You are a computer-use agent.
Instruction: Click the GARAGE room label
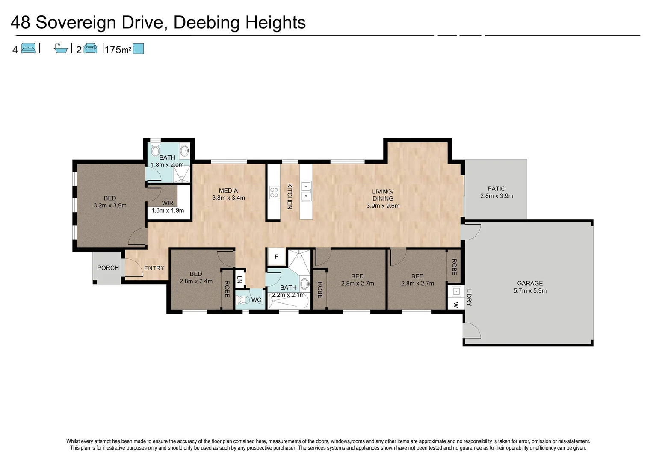point(529,283)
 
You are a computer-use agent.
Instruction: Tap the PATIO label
point(496,188)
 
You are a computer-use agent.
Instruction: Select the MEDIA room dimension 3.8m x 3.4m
point(228,198)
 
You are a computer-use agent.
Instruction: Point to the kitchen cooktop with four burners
point(274,192)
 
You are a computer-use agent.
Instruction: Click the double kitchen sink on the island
point(306,191)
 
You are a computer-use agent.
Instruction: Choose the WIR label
point(168,203)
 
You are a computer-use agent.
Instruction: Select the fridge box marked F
point(276,257)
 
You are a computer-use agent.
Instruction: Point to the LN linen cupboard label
point(239,279)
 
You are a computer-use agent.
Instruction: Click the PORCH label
point(108,268)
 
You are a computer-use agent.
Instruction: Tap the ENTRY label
point(154,268)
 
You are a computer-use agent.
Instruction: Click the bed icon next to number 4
point(28,48)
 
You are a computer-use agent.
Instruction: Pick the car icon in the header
point(90,48)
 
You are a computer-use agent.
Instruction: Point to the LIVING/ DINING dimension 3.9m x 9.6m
point(383,206)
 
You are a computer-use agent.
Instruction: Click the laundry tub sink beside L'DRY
point(456,292)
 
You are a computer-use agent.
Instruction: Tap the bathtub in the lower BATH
point(288,302)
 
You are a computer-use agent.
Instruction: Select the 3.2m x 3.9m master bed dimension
point(110,205)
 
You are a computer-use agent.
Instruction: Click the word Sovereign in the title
point(76,22)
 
